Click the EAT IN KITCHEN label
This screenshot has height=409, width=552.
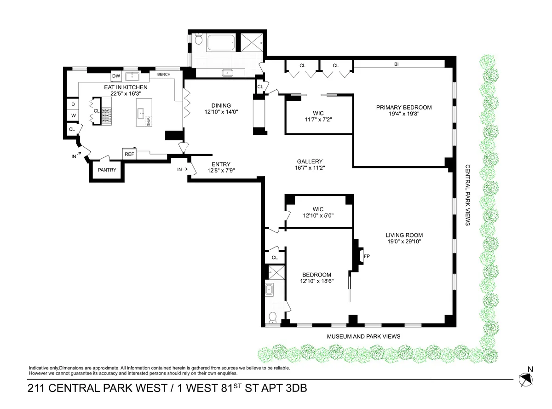click(x=129, y=87)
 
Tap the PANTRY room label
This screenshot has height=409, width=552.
click(x=107, y=170)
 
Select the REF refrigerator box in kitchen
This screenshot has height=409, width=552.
click(x=129, y=154)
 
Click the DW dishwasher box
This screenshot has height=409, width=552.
click(x=116, y=76)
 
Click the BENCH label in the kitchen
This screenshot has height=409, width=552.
click(x=164, y=74)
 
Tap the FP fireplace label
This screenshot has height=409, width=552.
click(x=367, y=256)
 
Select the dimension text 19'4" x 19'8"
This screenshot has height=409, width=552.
click(x=404, y=115)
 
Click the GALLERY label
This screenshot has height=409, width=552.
click(x=310, y=161)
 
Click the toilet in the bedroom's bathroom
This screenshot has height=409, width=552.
click(x=272, y=317)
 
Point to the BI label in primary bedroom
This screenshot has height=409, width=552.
click(x=396, y=65)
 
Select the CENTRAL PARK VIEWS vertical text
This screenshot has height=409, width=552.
click(x=467, y=195)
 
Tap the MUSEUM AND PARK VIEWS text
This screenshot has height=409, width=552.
click(x=363, y=336)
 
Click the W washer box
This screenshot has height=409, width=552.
click(x=73, y=115)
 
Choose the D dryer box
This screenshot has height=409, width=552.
click(x=73, y=104)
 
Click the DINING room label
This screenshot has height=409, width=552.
click(x=218, y=105)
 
